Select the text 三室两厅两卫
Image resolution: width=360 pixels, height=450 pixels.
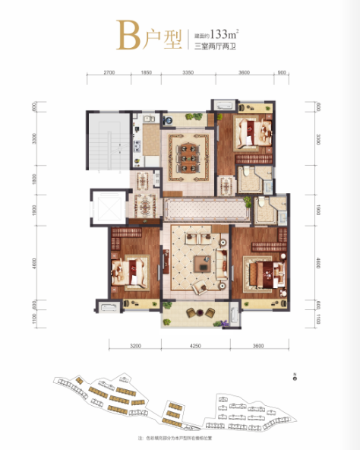214,46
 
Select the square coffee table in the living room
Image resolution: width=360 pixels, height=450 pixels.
202,263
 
